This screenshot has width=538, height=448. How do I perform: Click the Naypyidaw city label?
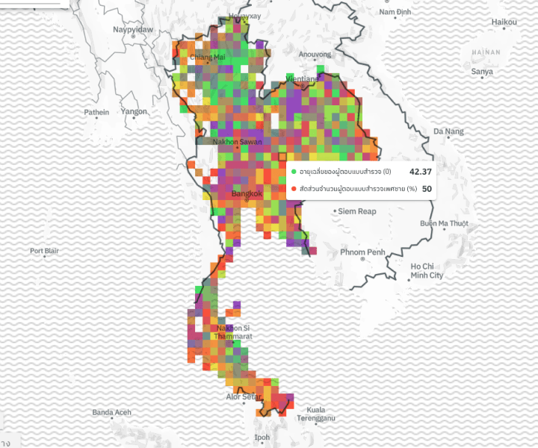[133, 29]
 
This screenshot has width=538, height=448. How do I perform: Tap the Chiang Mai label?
[208, 57]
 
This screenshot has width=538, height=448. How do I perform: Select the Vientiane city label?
[302, 78]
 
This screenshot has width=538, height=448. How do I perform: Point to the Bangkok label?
[247, 193]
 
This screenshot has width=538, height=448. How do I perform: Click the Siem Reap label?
[357, 211]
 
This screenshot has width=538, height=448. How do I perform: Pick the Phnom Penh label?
[362, 252]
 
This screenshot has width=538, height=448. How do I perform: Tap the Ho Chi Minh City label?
[427, 270]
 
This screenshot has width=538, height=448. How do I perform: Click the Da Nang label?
[448, 131]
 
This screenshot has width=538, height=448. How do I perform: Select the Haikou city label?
[504, 22]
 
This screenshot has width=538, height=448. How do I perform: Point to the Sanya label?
[483, 71]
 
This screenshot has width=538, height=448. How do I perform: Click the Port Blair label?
[44, 251]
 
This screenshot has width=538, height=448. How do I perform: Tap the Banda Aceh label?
[112, 412]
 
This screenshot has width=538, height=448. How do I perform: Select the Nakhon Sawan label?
[237, 141]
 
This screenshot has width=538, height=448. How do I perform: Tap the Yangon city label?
[134, 111]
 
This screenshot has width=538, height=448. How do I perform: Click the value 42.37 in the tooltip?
[416, 172]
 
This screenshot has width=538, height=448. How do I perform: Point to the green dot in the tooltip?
[294, 172]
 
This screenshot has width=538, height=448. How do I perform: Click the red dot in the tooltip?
[294, 189]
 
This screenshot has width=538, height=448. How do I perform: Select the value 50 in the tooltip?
[427, 189]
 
